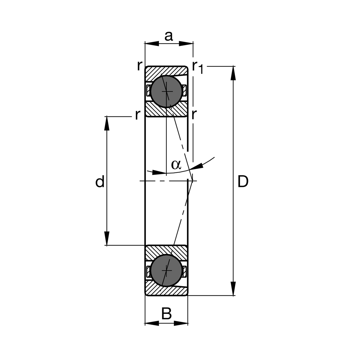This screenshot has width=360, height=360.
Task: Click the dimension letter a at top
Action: [x=169, y=36]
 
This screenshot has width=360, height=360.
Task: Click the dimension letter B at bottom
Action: [x=166, y=314]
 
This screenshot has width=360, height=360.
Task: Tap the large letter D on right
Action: [x=243, y=182]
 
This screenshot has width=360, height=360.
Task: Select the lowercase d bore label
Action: [x=100, y=182]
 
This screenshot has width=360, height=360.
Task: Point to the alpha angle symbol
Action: [x=176, y=164]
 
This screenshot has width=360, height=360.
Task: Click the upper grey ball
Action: [x=166, y=91]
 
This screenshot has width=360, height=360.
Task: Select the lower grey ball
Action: [x=166, y=270]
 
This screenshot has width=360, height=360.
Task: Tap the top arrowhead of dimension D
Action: [x=233, y=73]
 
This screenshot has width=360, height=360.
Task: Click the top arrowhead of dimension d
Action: [x=106, y=124]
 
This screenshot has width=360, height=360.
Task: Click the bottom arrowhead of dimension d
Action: [x=106, y=238]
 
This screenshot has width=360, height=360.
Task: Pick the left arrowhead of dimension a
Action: [x=152, y=44]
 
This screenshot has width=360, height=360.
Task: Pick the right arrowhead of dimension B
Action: [x=181, y=323]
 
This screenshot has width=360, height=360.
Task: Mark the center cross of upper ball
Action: [x=166, y=91]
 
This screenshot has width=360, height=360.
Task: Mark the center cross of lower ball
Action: [x=166, y=270]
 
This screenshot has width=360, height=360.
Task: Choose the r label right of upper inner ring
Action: [x=194, y=114]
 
